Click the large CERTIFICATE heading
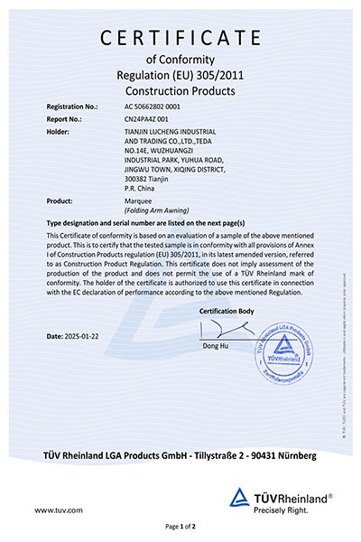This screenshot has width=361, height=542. click(x=181, y=37)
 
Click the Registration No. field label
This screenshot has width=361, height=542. click(x=72, y=107)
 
